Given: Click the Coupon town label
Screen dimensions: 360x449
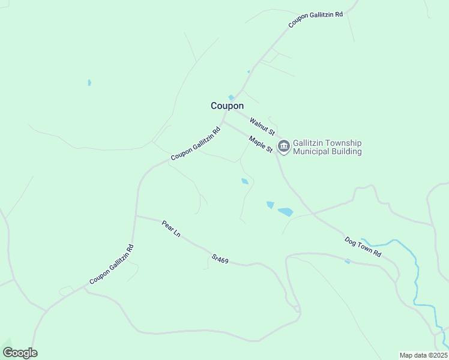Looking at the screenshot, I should (x=227, y=106).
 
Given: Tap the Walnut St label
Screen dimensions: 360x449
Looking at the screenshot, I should (x=262, y=127).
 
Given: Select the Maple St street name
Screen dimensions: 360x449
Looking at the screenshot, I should (x=261, y=144).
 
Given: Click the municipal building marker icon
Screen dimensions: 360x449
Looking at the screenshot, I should (x=283, y=145).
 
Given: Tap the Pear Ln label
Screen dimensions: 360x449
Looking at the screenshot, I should (x=171, y=228).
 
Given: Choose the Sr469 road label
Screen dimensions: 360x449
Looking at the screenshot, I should (x=220, y=259).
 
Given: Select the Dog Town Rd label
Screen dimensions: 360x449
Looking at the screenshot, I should (x=363, y=247).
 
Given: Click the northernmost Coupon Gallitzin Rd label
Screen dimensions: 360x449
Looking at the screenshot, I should (x=315, y=19).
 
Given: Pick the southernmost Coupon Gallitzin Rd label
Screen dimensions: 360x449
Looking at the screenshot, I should (x=111, y=265).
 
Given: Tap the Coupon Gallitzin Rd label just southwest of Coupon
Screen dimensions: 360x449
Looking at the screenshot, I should (x=195, y=143).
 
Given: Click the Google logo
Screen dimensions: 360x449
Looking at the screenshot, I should (x=20, y=353).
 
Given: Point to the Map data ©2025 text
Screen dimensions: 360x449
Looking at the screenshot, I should (x=423, y=355).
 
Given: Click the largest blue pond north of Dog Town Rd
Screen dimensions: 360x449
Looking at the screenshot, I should (x=285, y=212).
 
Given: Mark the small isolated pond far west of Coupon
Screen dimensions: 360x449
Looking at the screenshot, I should (x=89, y=82).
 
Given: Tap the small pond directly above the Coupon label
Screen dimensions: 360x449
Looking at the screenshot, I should (x=231, y=97).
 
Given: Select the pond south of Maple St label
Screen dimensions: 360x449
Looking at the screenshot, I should (x=244, y=181).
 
